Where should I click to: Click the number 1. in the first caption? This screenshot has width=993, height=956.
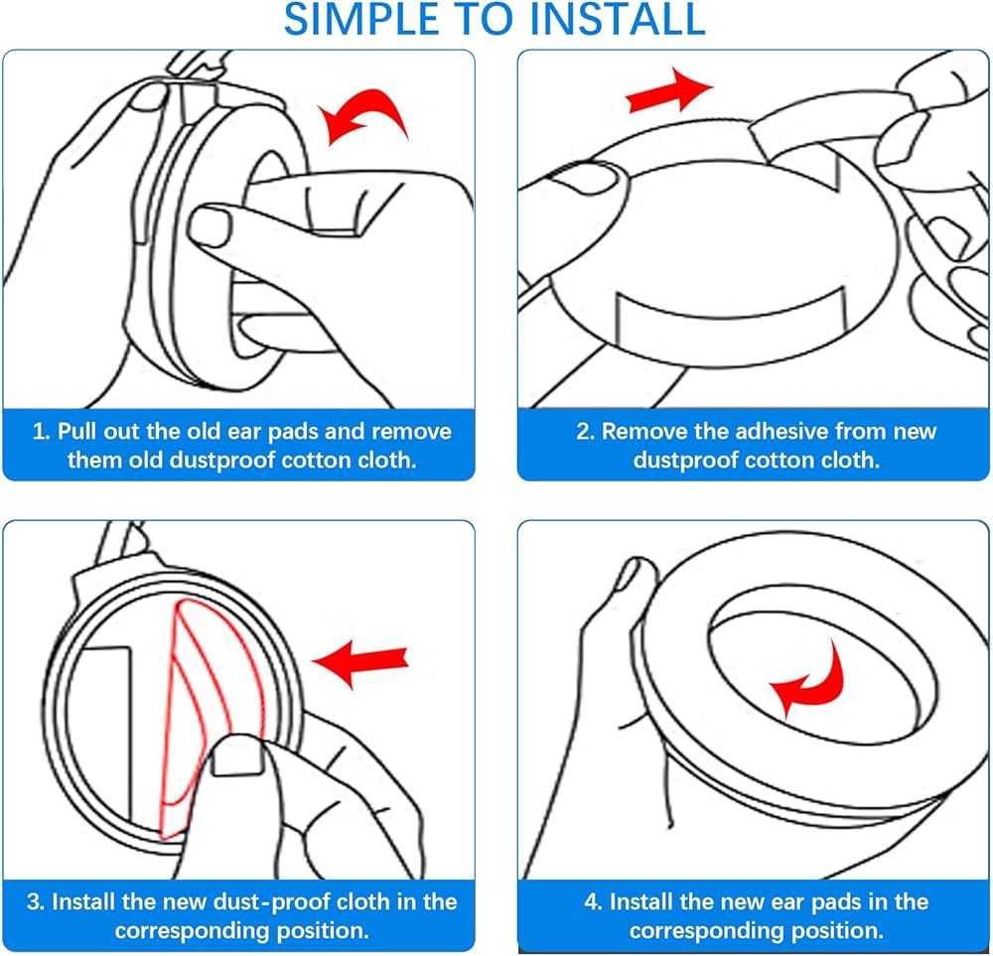click(x=41, y=433)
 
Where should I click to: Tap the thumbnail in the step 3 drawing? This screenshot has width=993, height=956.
click(x=235, y=759)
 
